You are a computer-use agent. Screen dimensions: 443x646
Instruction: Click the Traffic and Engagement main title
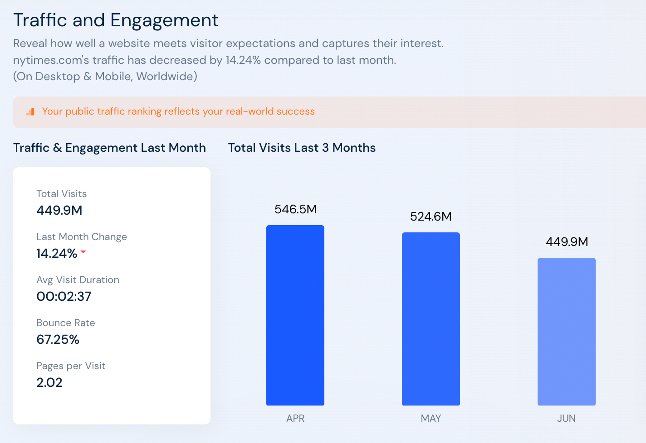coord(116,20)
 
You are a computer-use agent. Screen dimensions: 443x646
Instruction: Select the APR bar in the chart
coord(295,315)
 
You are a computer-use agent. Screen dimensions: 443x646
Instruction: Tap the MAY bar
coord(431,319)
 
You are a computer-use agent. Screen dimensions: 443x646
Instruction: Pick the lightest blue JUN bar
coord(566,332)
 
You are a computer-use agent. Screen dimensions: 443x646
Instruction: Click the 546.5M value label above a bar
coord(295,209)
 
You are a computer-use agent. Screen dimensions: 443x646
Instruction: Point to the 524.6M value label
coord(431,217)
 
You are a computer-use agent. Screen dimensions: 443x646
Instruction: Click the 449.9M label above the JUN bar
coord(567,242)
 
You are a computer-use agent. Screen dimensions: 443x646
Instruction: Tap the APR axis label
coord(295,419)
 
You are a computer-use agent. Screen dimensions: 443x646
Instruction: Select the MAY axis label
coord(431,419)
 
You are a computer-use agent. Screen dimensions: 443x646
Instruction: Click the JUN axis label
coord(566,419)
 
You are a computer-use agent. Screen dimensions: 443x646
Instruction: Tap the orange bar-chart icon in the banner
coord(30,112)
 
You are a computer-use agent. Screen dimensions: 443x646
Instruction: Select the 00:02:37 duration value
coord(64,296)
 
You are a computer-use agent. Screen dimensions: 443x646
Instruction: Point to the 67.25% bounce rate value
coord(58,339)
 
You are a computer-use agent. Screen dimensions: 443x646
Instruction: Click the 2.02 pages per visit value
coord(49,382)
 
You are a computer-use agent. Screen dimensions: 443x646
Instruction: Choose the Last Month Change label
coord(82,237)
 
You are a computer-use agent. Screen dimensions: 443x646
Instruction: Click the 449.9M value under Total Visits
coord(59,210)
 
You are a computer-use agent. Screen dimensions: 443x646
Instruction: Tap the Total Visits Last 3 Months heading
coord(302,148)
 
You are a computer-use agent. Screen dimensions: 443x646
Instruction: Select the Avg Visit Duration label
coord(78,280)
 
